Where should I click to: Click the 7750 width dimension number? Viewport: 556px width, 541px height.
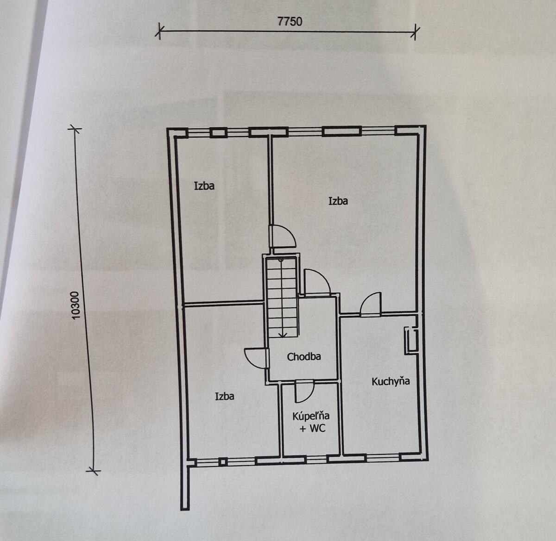(x=290, y=22)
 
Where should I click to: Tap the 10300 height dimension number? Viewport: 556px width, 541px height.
(x=76, y=305)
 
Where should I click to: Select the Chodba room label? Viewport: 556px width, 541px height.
(x=303, y=357)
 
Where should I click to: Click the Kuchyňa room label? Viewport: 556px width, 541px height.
(x=391, y=381)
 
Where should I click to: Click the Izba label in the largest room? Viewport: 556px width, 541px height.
(x=338, y=201)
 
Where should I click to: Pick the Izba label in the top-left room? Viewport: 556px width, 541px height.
(x=204, y=186)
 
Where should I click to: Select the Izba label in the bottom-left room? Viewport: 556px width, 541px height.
(x=225, y=396)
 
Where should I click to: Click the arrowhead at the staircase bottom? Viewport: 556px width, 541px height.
(x=283, y=335)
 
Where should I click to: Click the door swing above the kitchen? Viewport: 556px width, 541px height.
(x=371, y=305)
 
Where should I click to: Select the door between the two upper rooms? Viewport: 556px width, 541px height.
(x=283, y=236)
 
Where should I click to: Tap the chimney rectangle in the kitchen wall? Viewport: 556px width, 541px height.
(x=411, y=341)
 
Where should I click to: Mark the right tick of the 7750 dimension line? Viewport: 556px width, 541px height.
(x=415, y=32)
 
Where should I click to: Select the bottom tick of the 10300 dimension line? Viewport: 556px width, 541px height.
(x=94, y=471)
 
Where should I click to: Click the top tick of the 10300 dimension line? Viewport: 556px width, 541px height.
(x=75, y=129)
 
